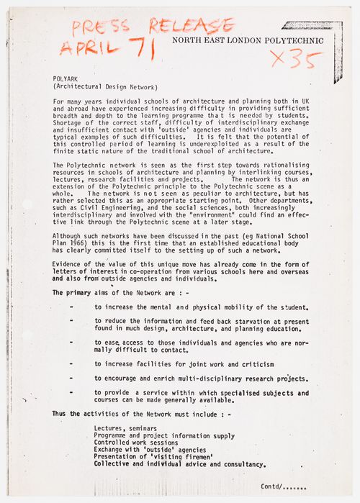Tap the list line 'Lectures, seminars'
coord(125,428)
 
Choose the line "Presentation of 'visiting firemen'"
coord(152,457)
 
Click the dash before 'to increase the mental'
coord(72,307)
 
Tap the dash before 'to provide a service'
coord(72,393)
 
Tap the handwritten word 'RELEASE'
coord(190,26)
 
